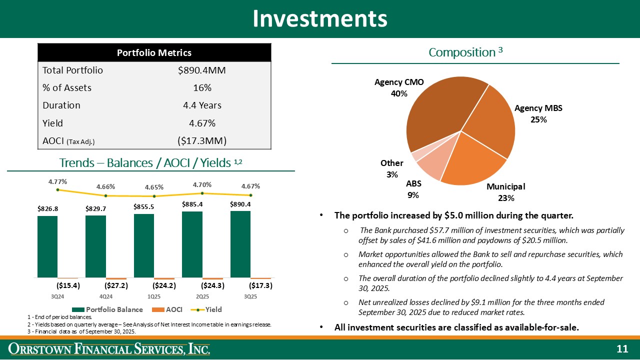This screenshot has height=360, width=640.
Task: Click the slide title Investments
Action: coord(320,18)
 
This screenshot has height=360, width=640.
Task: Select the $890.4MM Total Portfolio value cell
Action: coord(202,70)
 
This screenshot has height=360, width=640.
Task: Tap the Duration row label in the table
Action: coord(61,105)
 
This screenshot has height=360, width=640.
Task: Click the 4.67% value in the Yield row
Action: coord(202,123)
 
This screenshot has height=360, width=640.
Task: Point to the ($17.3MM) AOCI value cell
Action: coord(202,141)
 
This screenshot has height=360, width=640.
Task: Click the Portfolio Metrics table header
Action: coord(154,52)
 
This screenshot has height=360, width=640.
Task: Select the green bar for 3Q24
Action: coord(47,246)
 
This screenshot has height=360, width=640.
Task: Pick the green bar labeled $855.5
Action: coord(144,245)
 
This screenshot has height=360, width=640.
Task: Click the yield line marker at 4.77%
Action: coord(58,189)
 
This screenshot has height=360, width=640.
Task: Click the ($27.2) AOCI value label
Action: coord(116,286)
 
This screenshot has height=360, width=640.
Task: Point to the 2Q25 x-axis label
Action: coord(202,296)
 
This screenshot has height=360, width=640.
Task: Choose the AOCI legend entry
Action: coord(169,309)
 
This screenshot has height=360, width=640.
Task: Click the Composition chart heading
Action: coord(465,52)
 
